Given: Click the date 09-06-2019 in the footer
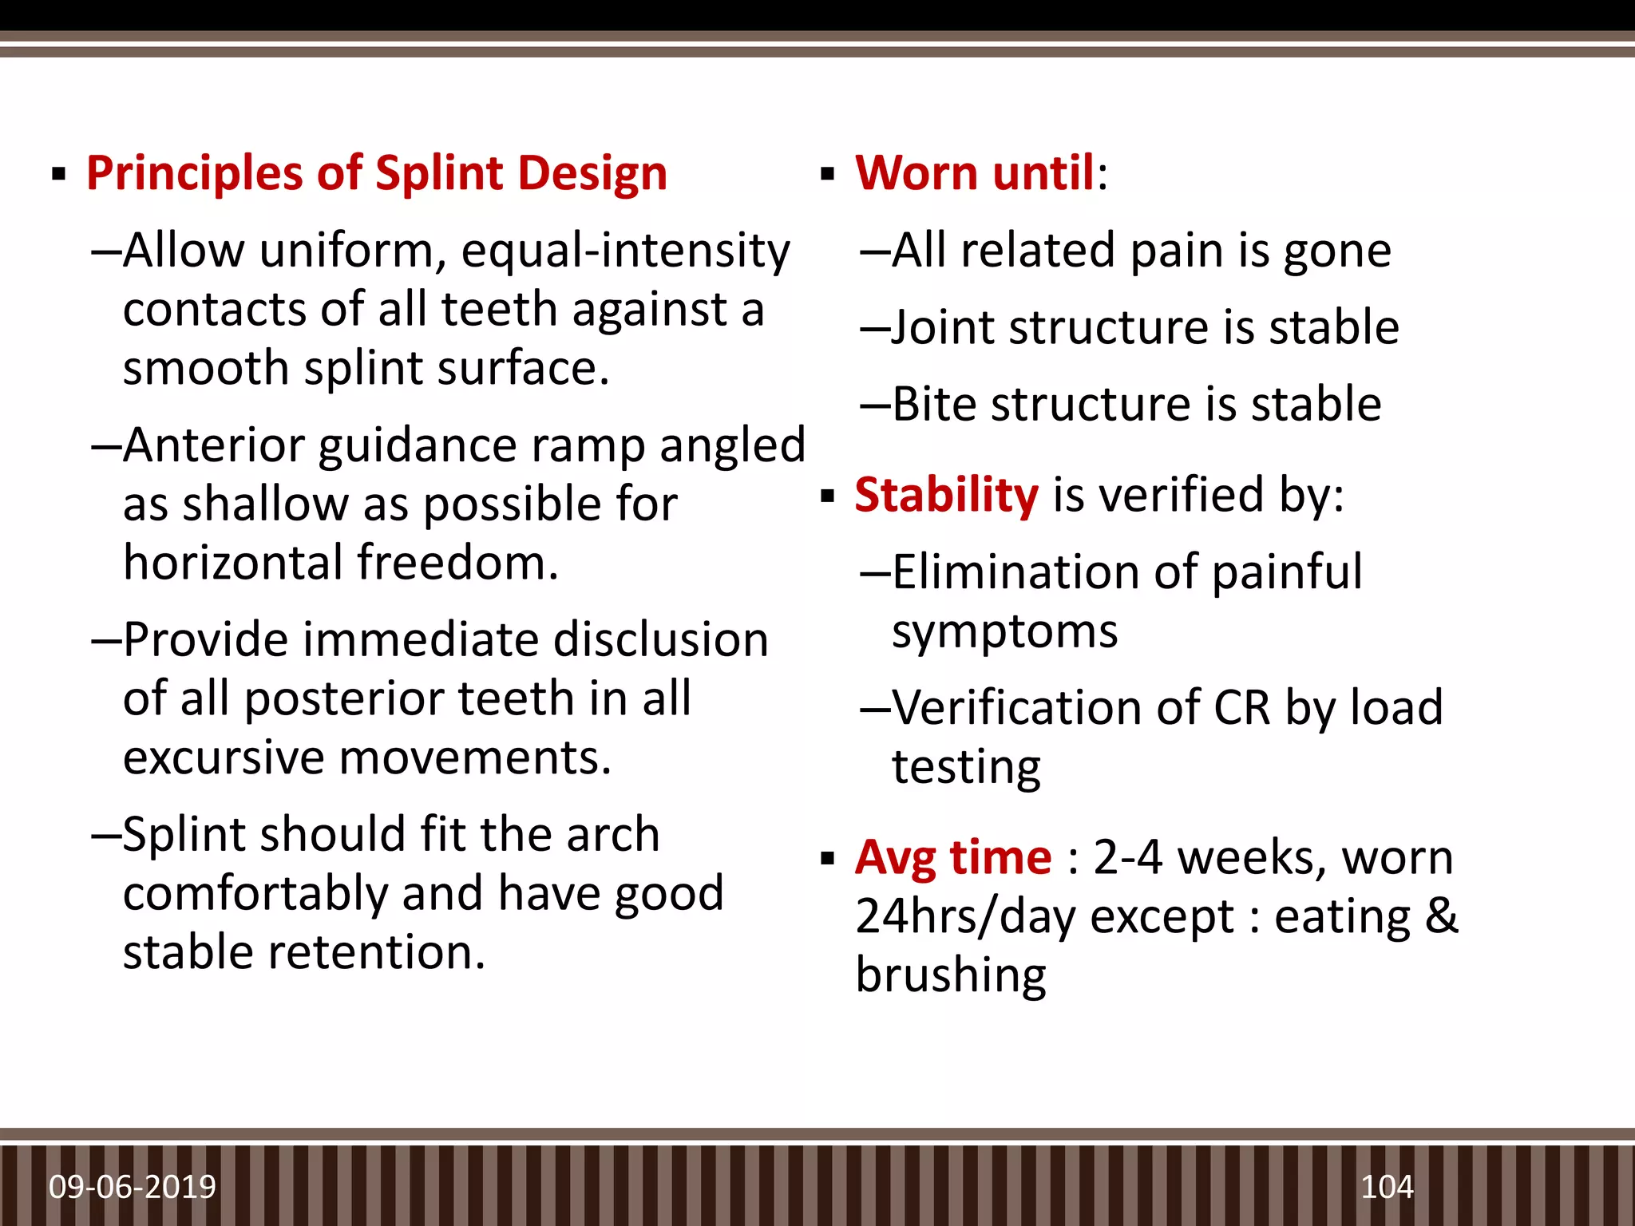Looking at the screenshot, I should tap(133, 1187).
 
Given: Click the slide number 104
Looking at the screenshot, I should tap(1387, 1187).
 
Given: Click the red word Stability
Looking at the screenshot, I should tap(946, 495).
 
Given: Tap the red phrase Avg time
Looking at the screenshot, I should tap(953, 858).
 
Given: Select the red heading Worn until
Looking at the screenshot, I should tap(975, 173).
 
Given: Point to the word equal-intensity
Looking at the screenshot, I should tap(625, 251).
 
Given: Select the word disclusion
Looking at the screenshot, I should tap(660, 640).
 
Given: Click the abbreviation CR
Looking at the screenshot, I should tap(1241, 708).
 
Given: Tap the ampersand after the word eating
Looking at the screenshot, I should tap(1441, 916).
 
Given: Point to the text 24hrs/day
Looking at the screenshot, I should tap(965, 916).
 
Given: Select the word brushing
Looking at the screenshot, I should tap(950, 976).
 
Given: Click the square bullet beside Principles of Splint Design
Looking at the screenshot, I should tap(58, 174).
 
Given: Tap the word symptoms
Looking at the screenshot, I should tap(1004, 632).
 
